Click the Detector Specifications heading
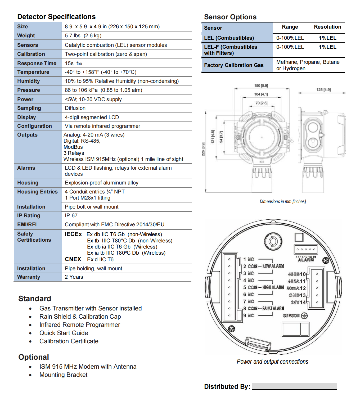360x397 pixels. (56, 17)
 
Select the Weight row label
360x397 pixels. (26, 35)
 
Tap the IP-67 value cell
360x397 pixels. (71, 215)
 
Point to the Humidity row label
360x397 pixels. (28, 81)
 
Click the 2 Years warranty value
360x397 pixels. (74, 277)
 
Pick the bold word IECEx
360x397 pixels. (73, 234)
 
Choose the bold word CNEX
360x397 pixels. (73, 259)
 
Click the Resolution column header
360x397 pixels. (327, 27)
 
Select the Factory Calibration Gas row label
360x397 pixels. (234, 65)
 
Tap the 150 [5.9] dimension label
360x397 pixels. (261, 85)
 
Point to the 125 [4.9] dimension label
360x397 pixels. (323, 90)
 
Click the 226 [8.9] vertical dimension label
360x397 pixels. (203, 149)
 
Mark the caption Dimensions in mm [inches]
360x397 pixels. (283, 201)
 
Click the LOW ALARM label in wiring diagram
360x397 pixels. (273, 266)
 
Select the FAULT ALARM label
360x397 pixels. (273, 308)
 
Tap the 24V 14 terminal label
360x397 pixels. (298, 302)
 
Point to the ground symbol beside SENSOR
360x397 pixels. (304, 316)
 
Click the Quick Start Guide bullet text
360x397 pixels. (64, 333)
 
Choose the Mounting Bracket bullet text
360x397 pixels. (64, 375)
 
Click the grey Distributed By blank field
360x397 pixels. (294, 386)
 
